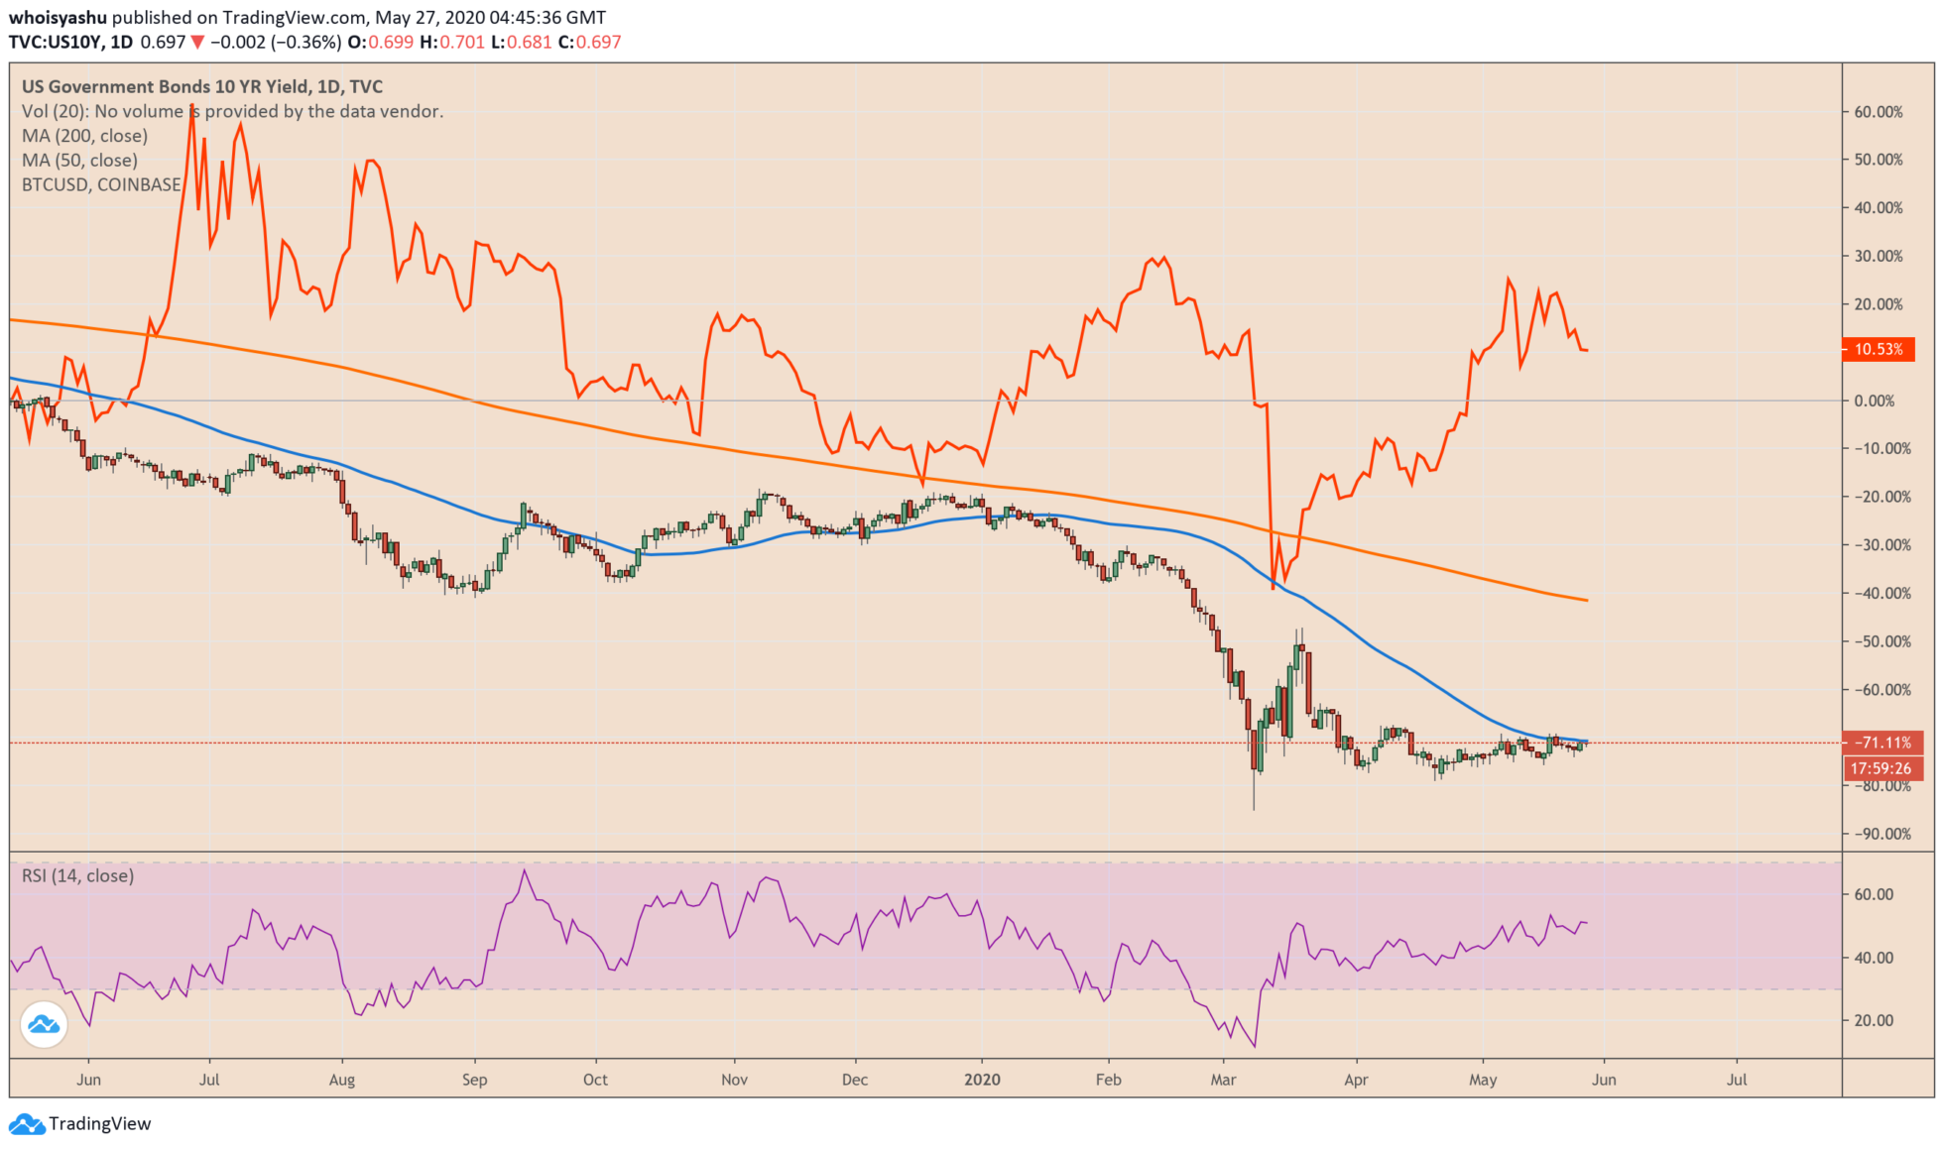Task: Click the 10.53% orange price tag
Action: [1878, 349]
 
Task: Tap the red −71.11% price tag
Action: [1882, 743]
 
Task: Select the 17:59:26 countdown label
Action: [1882, 768]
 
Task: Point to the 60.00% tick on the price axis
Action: [1879, 112]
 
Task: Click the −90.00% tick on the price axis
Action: [1882, 834]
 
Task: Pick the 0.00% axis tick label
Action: [1875, 401]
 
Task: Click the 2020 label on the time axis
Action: [982, 1080]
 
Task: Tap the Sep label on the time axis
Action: [474, 1080]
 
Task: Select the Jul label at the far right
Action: [1736, 1080]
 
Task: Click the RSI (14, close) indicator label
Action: [77, 875]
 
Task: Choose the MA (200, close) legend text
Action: [84, 136]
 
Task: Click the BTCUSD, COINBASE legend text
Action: [101, 184]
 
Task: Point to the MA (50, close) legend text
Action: [79, 161]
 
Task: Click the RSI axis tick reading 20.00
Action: [1874, 1020]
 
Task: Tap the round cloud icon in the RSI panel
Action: [44, 1024]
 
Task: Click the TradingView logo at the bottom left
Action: [80, 1123]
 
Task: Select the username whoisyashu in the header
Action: [58, 18]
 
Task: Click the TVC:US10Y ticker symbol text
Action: [56, 43]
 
